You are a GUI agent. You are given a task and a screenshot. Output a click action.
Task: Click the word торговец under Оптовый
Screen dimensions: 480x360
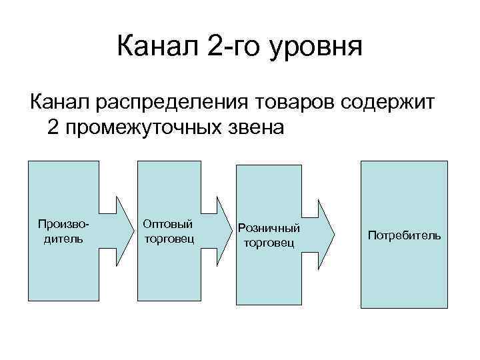[x=169, y=238]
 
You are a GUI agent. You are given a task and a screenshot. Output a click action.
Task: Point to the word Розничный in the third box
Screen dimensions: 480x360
[x=269, y=229]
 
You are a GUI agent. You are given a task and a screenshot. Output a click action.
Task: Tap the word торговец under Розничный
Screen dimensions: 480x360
[x=269, y=243]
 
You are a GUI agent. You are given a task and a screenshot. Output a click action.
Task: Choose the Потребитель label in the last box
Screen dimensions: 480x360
[x=403, y=235]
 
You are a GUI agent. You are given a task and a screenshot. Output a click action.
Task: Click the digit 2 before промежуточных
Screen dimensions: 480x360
[x=54, y=127]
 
